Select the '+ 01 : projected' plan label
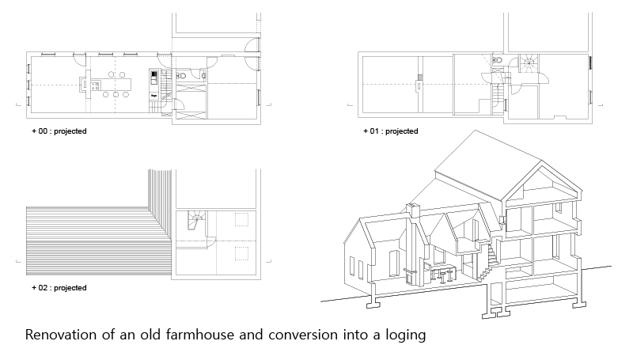click(x=390, y=131)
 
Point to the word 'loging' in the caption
click(x=404, y=335)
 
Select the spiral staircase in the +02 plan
click(x=194, y=221)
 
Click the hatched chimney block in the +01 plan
click(x=419, y=79)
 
